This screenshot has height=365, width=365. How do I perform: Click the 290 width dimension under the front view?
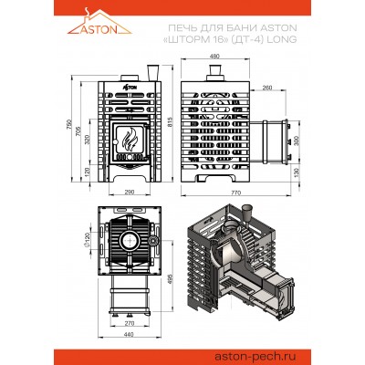130,193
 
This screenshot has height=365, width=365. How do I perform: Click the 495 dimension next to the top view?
171,277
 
